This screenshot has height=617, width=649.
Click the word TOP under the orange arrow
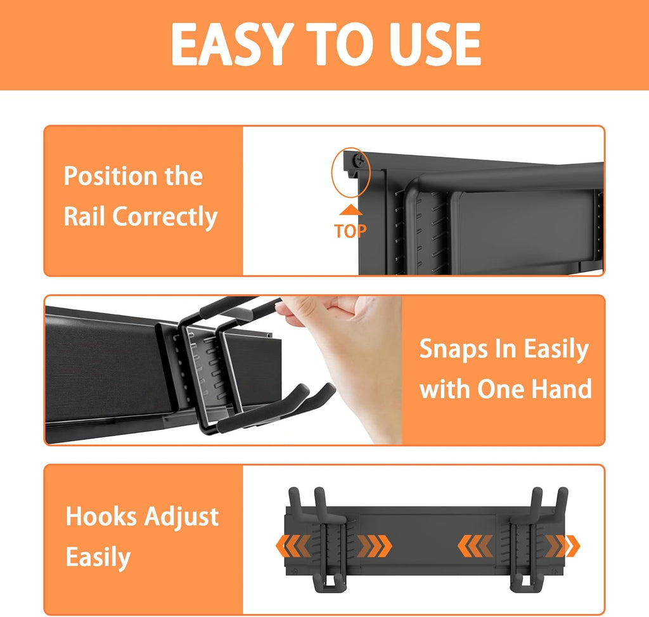click(350, 231)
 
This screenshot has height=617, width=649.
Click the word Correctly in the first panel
click(165, 217)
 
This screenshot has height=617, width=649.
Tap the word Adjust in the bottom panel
click(181, 517)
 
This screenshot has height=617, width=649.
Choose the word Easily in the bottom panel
click(98, 558)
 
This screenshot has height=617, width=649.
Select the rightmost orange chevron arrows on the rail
click(563, 546)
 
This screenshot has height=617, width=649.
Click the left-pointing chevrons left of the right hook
click(475, 546)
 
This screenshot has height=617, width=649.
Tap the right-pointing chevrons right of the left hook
click(375, 546)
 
